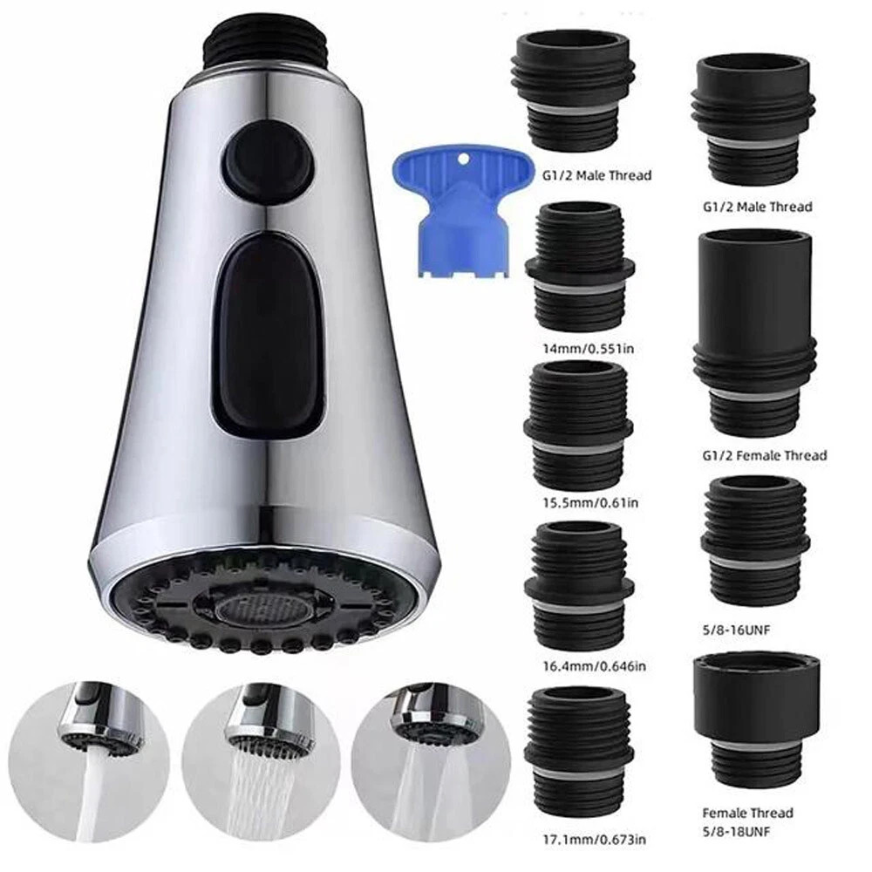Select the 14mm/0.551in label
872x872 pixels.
(589, 350)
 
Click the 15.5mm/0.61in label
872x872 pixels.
(590, 503)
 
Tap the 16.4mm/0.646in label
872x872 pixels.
(594, 665)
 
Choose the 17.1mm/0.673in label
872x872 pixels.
(594, 839)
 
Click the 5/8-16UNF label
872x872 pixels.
(736, 630)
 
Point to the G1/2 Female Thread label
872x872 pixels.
(765, 455)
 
